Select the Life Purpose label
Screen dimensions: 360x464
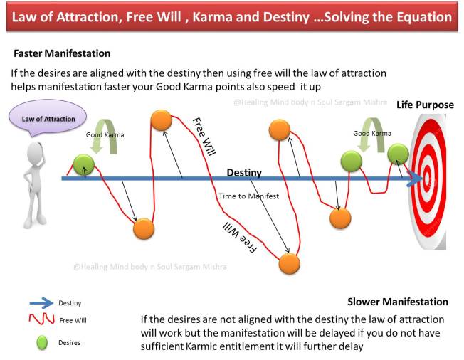[x=425, y=105]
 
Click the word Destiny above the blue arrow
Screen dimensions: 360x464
[x=244, y=172]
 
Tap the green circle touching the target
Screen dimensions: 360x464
[x=397, y=154]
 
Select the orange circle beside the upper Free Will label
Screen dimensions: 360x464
[x=161, y=120]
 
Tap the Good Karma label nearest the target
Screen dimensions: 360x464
[x=372, y=133]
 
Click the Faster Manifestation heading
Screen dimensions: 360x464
[x=62, y=53]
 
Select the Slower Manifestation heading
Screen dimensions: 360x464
[x=397, y=302]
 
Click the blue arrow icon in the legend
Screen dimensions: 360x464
[x=45, y=302]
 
